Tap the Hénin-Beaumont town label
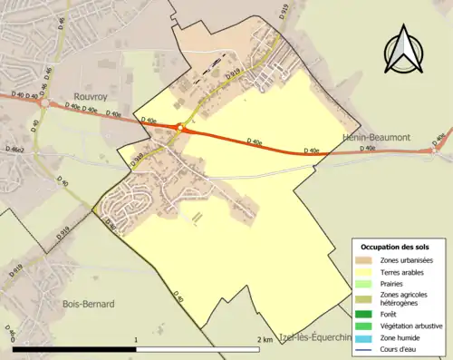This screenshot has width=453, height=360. point(375,138)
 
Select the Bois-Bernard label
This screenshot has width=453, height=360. point(88,305)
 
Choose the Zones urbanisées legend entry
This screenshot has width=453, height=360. point(408,260)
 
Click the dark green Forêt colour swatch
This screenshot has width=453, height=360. point(366,315)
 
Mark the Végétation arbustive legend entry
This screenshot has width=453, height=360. point(411,326)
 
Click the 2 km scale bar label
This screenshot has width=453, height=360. point(265,339)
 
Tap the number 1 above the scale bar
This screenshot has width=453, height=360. point(136,339)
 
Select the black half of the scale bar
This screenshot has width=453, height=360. point(74,348)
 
